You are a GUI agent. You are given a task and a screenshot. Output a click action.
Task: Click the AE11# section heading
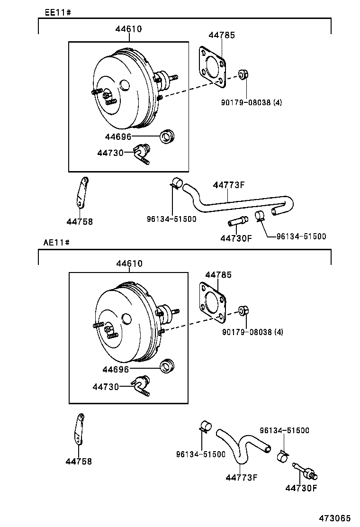pos(57,243)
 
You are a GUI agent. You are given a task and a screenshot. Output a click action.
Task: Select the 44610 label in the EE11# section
pos(128,29)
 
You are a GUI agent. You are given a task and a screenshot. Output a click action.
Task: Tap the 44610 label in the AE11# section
pos(128,263)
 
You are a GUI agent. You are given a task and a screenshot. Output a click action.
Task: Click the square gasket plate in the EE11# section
pos(211,67)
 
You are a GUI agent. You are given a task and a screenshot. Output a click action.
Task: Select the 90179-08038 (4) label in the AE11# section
pos(252,332)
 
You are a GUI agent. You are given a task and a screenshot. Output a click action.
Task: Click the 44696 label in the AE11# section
pos(117,369)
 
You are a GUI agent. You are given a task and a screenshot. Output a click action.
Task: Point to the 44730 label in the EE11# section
pos(110,153)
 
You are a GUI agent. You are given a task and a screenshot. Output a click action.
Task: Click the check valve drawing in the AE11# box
pos(142,385)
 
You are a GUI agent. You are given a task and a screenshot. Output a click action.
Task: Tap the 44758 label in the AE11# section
pos(79,461)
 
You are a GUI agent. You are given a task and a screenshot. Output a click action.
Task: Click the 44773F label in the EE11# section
pos(228,185)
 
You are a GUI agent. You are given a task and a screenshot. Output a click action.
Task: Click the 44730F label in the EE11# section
pos(236,238)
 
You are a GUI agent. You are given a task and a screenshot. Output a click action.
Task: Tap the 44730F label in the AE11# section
pos(301,488)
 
